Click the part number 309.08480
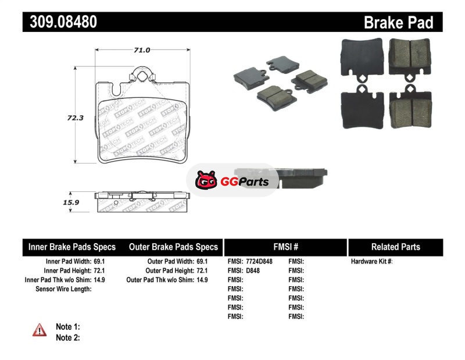pos(63,22)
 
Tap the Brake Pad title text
pos(398,23)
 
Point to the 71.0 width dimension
pos(142,50)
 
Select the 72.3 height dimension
pos(75,118)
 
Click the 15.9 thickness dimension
pos(71,202)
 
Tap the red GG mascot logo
pos(206,180)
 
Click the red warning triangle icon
pos(40,330)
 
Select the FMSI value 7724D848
pos(259,262)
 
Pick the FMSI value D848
pos(253,270)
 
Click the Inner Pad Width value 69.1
pos(99,262)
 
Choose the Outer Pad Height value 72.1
pos(202,270)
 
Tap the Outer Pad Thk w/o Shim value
pos(202,280)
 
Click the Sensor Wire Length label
pos(63,289)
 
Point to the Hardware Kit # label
pos(371,262)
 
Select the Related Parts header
pos(396,247)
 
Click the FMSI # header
pos(285,247)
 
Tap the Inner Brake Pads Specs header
pos(72,247)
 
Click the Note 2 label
pos(68,338)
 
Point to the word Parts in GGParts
pos(253,181)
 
